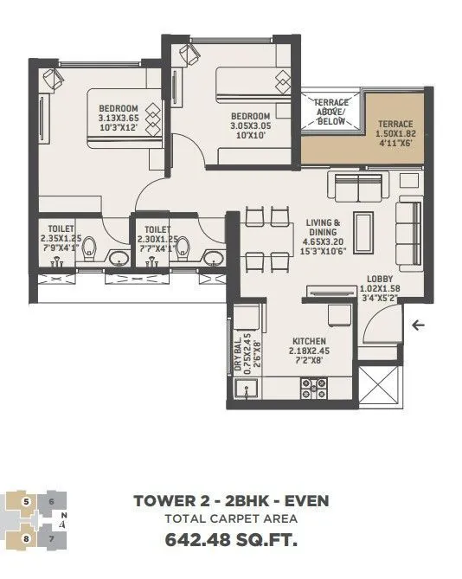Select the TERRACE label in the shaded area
395,124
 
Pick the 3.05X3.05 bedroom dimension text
250,125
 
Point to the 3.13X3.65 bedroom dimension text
119,119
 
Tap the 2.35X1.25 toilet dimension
61,239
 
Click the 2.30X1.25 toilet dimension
156,239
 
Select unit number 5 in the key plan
27,501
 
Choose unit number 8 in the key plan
27,538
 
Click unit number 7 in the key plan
51,538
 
